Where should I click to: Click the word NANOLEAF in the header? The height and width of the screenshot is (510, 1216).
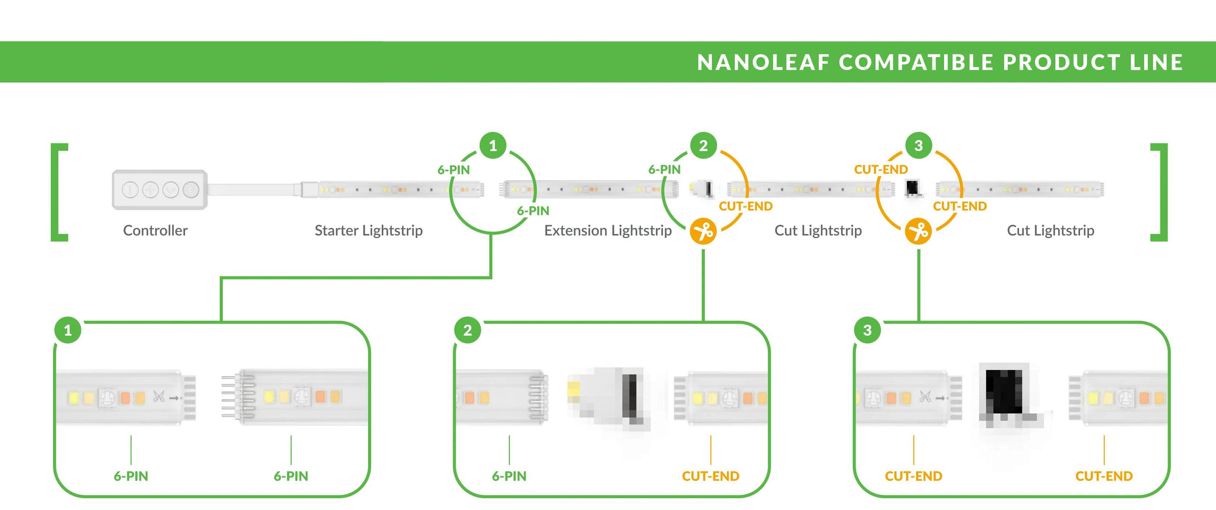click(x=763, y=62)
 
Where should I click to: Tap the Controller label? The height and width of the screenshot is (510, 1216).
click(x=156, y=230)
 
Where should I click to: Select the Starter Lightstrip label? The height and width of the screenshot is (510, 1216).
click(x=369, y=230)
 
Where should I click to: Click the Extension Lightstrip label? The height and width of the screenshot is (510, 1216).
click(x=608, y=230)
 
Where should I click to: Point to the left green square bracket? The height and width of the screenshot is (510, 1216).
click(x=55, y=192)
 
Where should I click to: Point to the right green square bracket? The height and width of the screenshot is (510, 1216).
click(x=1164, y=192)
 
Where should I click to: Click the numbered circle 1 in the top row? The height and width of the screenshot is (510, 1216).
click(x=493, y=145)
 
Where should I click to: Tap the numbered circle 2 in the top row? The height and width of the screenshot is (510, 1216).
click(x=704, y=145)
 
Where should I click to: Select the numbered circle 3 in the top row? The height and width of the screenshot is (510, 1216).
click(x=919, y=145)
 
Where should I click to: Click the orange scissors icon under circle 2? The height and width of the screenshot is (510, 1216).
click(x=704, y=231)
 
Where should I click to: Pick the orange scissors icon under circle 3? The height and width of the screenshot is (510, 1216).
click(x=919, y=231)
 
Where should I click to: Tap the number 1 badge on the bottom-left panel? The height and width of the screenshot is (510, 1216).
click(x=68, y=330)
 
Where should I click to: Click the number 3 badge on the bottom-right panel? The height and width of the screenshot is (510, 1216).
click(x=867, y=330)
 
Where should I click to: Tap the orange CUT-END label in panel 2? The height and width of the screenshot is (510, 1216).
click(x=711, y=476)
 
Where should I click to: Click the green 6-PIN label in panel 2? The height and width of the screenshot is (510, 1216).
click(x=509, y=476)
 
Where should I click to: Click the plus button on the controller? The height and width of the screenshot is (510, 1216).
click(x=150, y=190)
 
